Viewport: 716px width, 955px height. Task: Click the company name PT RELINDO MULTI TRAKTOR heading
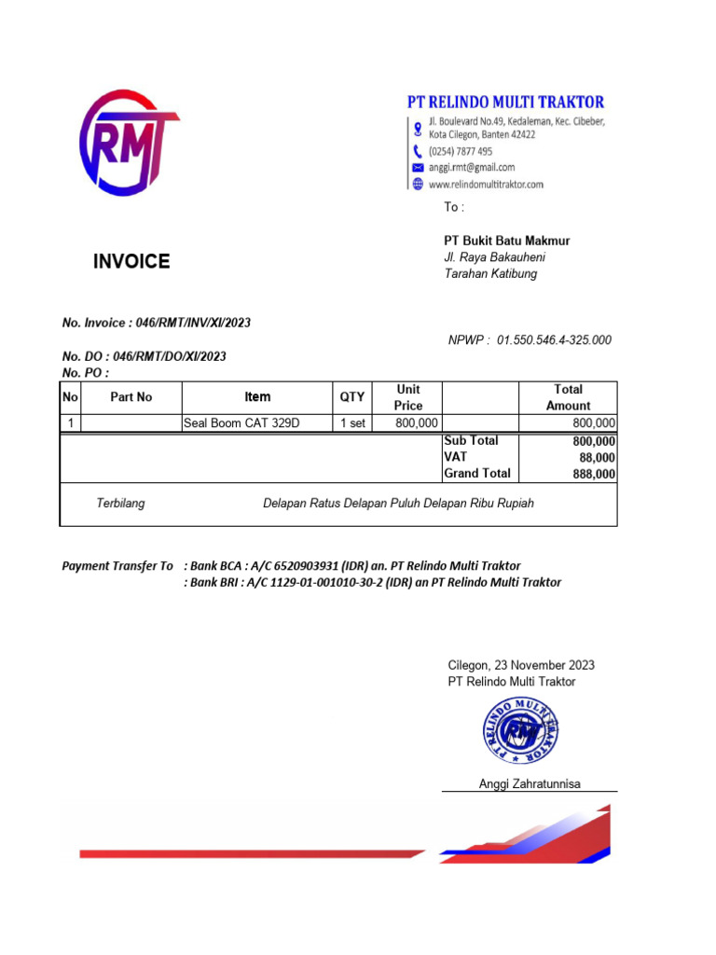point(505,102)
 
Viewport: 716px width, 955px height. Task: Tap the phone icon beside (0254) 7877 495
point(418,151)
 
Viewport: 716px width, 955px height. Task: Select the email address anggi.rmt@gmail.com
point(472,167)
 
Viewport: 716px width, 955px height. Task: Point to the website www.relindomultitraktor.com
point(486,184)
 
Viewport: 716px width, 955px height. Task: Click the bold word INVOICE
point(131,261)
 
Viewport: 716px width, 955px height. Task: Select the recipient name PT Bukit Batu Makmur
point(506,241)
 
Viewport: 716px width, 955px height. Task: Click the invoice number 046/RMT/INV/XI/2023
point(193,323)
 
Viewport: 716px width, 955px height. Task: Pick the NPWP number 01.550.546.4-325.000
point(554,339)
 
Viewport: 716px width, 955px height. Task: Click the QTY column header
point(351,397)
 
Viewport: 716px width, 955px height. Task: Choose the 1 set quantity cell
point(351,423)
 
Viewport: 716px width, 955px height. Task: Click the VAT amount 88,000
point(597,457)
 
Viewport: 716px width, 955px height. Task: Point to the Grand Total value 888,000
point(594,474)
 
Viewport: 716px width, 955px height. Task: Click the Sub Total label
point(471,440)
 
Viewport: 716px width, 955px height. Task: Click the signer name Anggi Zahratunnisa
point(530,783)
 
